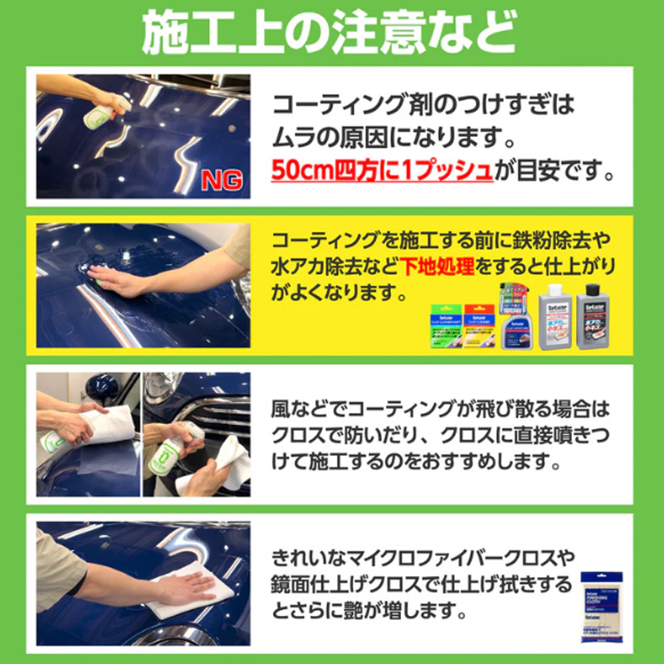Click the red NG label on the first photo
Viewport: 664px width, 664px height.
[225, 182]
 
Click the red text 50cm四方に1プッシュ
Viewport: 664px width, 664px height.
[382, 171]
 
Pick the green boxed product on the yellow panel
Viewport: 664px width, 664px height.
[446, 326]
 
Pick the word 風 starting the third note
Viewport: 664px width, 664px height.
[282, 408]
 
